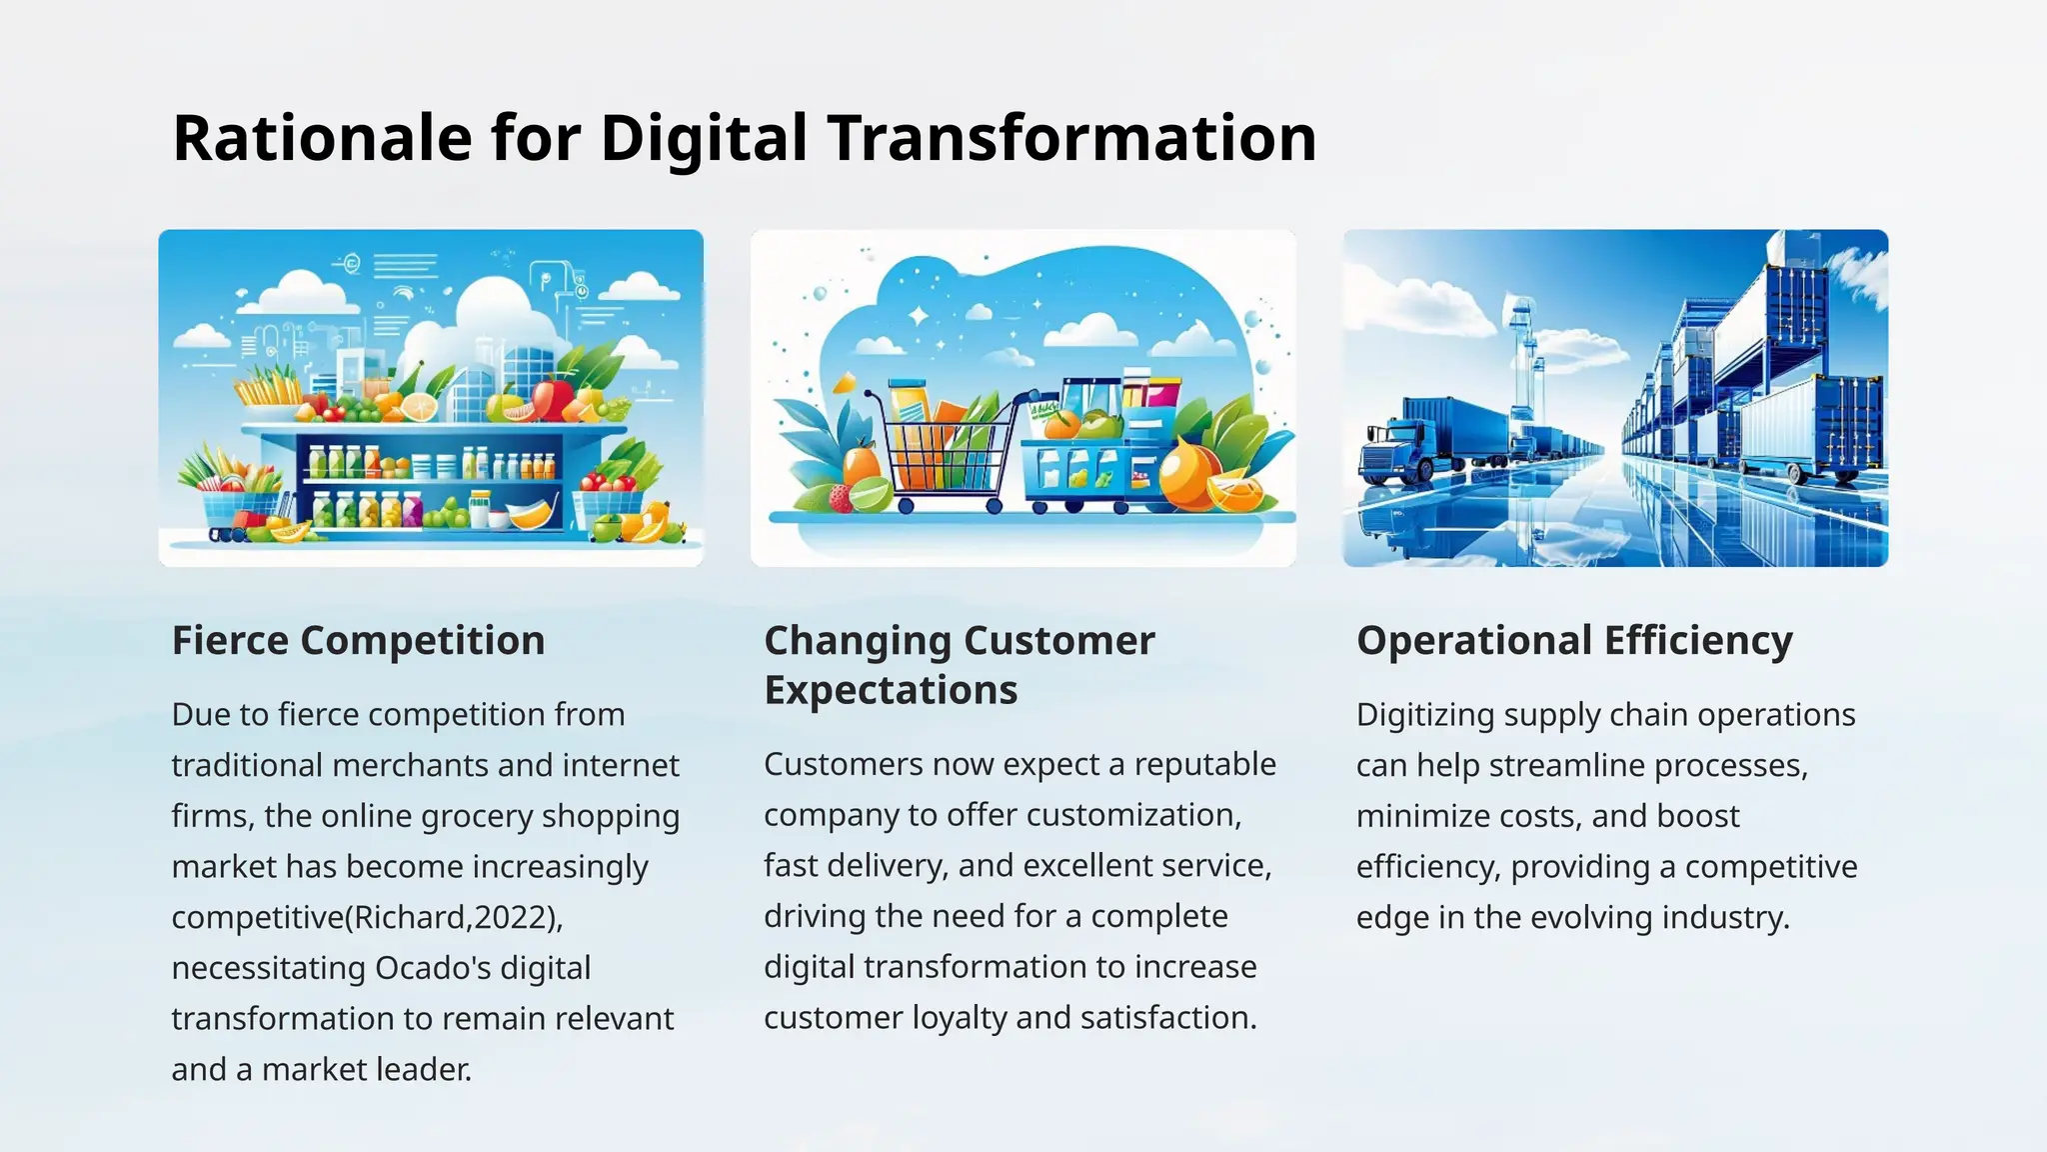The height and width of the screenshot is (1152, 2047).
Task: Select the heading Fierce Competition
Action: click(x=358, y=640)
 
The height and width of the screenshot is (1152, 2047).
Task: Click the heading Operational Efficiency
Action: click(x=1574, y=640)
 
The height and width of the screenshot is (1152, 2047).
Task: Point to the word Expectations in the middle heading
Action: click(x=891, y=690)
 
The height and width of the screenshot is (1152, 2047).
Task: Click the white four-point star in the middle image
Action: click(x=918, y=317)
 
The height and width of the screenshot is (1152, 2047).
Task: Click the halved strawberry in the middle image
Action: click(x=842, y=497)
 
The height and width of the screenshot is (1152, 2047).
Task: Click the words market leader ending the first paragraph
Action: click(x=366, y=1069)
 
